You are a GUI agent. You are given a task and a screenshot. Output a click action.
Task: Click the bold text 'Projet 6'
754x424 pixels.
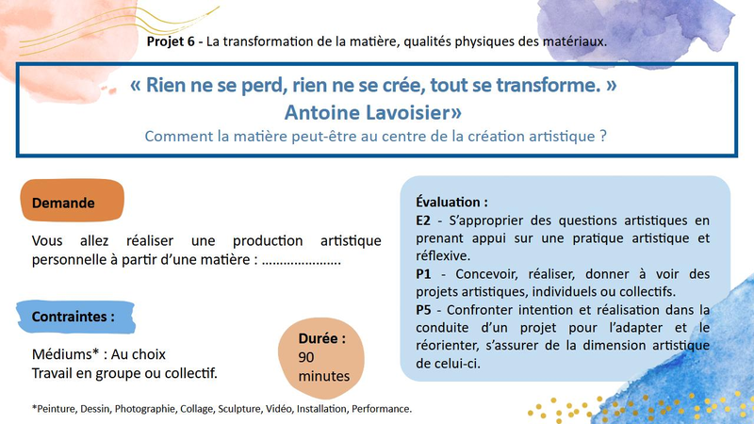171,41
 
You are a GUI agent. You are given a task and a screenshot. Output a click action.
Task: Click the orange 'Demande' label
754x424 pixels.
73,201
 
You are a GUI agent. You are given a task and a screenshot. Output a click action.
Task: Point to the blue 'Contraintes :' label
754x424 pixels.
75,317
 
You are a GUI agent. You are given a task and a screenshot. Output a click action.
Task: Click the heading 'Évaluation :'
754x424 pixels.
451,203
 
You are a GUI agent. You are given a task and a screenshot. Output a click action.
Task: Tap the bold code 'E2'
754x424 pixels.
423,220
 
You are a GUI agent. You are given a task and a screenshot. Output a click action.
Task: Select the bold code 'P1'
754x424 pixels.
423,274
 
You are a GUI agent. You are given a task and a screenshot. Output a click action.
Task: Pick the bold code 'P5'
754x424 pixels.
423,310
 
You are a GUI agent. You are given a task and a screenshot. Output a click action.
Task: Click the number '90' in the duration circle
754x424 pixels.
305,357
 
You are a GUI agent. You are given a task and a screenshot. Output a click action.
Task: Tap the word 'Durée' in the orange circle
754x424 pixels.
319,338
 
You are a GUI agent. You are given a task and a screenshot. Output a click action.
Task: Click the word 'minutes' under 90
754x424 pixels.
324,376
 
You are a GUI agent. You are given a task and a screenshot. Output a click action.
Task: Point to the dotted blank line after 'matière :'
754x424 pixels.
302,263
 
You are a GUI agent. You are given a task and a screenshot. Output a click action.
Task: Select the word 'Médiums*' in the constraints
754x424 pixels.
65,354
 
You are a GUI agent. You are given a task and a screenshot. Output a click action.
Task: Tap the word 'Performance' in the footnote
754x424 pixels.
381,409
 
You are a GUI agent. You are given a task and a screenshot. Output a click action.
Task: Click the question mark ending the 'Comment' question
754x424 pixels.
603,136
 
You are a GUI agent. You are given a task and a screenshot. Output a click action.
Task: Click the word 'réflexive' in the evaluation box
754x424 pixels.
442,255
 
